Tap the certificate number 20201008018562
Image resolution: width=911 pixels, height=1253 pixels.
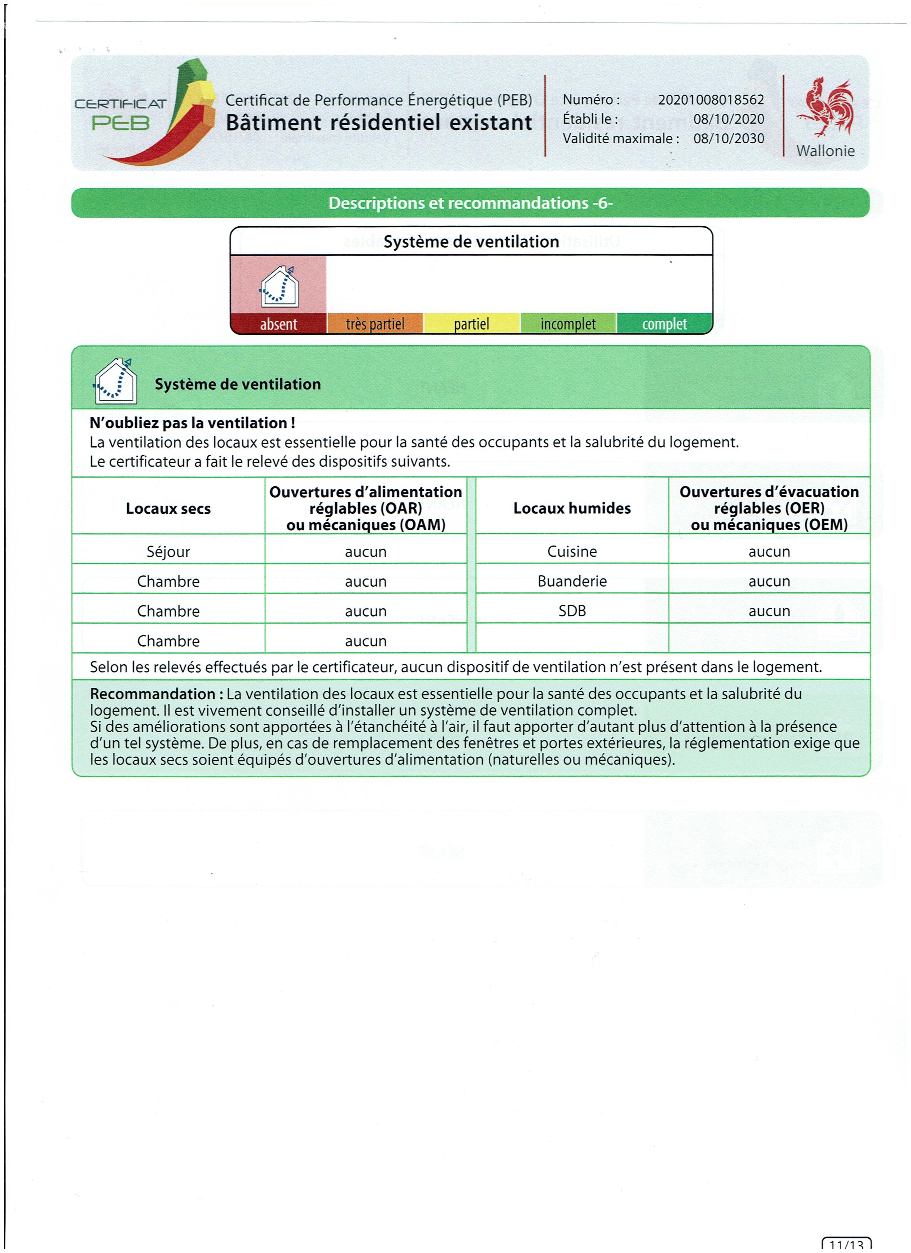(711, 100)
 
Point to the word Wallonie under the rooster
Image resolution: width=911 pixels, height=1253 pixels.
(825, 151)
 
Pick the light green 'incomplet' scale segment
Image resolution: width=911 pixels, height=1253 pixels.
(568, 324)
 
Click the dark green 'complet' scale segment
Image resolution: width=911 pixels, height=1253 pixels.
(664, 324)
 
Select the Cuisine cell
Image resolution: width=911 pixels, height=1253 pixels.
(572, 551)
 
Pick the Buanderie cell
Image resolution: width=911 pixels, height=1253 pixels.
(572, 581)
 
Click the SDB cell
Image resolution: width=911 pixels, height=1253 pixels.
(572, 611)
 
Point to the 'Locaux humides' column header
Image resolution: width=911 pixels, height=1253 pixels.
(572, 508)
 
